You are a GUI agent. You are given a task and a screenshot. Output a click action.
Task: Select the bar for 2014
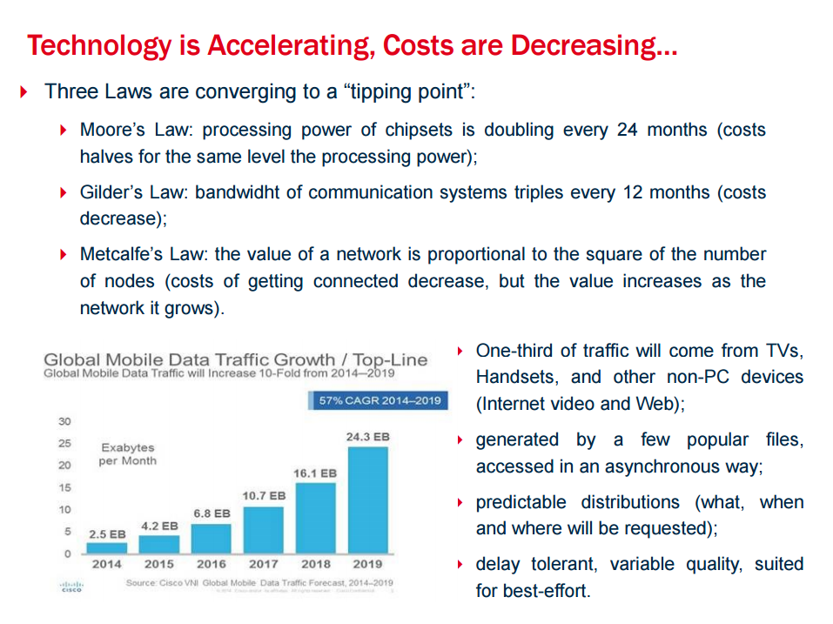pos(107,547)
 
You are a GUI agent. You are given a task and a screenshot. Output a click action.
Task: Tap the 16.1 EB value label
pos(314,473)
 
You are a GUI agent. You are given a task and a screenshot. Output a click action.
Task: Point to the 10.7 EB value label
pos(264,495)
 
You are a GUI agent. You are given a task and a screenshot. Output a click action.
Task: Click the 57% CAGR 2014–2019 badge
pos(380,400)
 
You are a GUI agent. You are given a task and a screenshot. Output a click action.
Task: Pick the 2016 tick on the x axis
pos(212,564)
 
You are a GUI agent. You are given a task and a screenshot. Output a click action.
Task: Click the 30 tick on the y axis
pos(64,421)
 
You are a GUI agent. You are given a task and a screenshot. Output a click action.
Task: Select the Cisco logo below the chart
pos(70,587)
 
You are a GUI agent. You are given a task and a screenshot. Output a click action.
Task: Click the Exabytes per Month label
pos(127,454)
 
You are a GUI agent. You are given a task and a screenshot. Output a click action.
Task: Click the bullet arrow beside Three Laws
pos(24,91)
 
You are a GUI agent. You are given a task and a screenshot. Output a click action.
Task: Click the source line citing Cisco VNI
pos(259,582)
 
